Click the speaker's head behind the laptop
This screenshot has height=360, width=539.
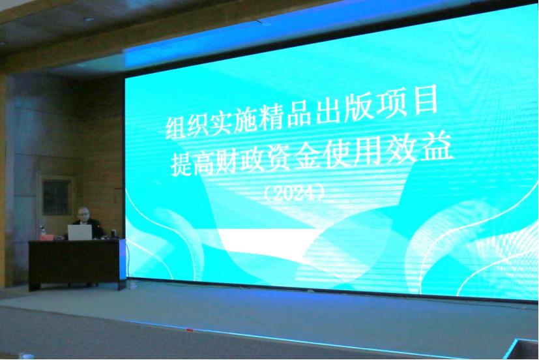83,214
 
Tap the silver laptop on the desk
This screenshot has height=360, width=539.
80,232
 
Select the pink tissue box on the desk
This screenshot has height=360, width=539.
46,237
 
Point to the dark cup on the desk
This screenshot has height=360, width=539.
114,233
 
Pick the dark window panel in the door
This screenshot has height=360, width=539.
57,197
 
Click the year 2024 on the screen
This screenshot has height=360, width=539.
294,194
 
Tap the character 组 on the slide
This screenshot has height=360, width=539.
176,127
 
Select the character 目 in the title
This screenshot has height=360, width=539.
426,100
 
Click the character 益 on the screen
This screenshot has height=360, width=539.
437,147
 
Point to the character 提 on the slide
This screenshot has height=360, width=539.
181,165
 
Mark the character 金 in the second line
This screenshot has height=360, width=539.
308,155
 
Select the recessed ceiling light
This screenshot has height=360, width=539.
89,20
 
